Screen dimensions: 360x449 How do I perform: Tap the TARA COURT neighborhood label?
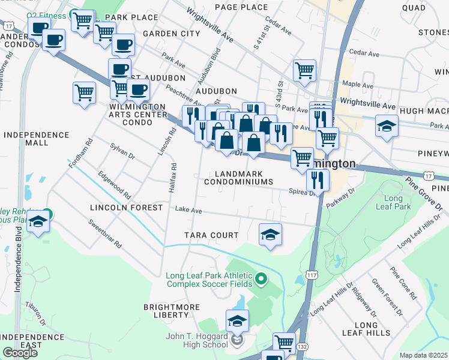(x=212, y=235)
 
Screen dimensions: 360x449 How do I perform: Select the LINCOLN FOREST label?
(x=126, y=208)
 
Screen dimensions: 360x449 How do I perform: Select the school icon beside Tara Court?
(x=270, y=233)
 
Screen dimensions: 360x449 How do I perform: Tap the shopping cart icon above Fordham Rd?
(x=84, y=93)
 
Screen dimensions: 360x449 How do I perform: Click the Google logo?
(x=20, y=353)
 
